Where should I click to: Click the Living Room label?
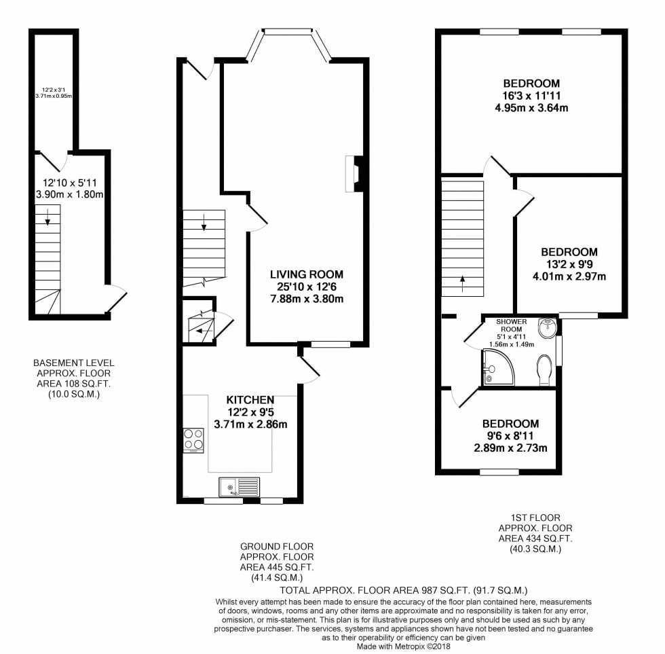(307, 274)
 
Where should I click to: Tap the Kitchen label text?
(250, 400)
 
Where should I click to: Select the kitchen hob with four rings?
(193, 441)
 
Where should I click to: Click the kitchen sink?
(240, 487)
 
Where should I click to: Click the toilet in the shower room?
(544, 370)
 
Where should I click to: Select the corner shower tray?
(499, 367)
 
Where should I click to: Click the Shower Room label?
(512, 325)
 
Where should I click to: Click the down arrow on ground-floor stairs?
(204, 222)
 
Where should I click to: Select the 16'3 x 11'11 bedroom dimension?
(531, 96)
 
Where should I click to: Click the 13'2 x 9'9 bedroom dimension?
(569, 264)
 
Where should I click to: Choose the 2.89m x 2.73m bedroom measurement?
(510, 448)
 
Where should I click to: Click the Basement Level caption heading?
(74, 363)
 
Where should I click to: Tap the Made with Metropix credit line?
(403, 647)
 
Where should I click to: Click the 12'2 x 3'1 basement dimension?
(54, 90)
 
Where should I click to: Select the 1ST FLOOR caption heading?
(535, 517)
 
